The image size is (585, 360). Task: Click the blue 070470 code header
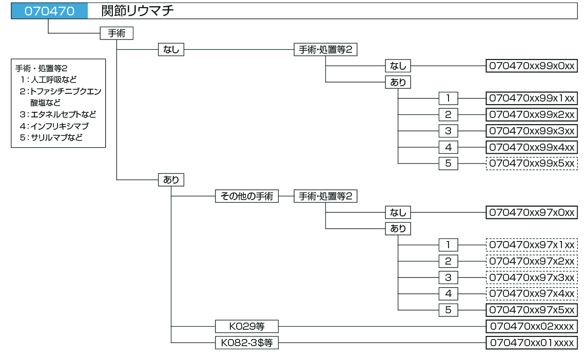(x=49, y=11)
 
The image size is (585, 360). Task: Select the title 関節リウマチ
(x=138, y=11)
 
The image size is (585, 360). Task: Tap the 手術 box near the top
(x=116, y=33)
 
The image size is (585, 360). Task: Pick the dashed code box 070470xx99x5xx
(x=532, y=164)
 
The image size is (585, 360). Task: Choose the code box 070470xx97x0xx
(x=532, y=212)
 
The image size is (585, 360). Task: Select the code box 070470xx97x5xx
(x=532, y=310)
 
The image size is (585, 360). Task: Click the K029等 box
(x=246, y=326)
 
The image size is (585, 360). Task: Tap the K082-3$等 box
(x=246, y=343)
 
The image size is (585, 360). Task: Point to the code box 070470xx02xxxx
(x=532, y=326)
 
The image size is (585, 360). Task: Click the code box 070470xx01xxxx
(x=532, y=343)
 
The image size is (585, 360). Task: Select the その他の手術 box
(x=246, y=196)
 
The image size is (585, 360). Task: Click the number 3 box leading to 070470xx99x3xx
(x=448, y=131)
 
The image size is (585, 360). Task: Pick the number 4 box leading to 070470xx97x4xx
(x=448, y=294)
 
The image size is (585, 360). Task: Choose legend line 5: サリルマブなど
(x=51, y=137)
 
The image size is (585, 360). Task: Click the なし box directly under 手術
(x=171, y=50)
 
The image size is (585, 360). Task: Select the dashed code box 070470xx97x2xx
(x=532, y=261)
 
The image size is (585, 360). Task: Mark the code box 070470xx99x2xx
(x=532, y=114)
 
